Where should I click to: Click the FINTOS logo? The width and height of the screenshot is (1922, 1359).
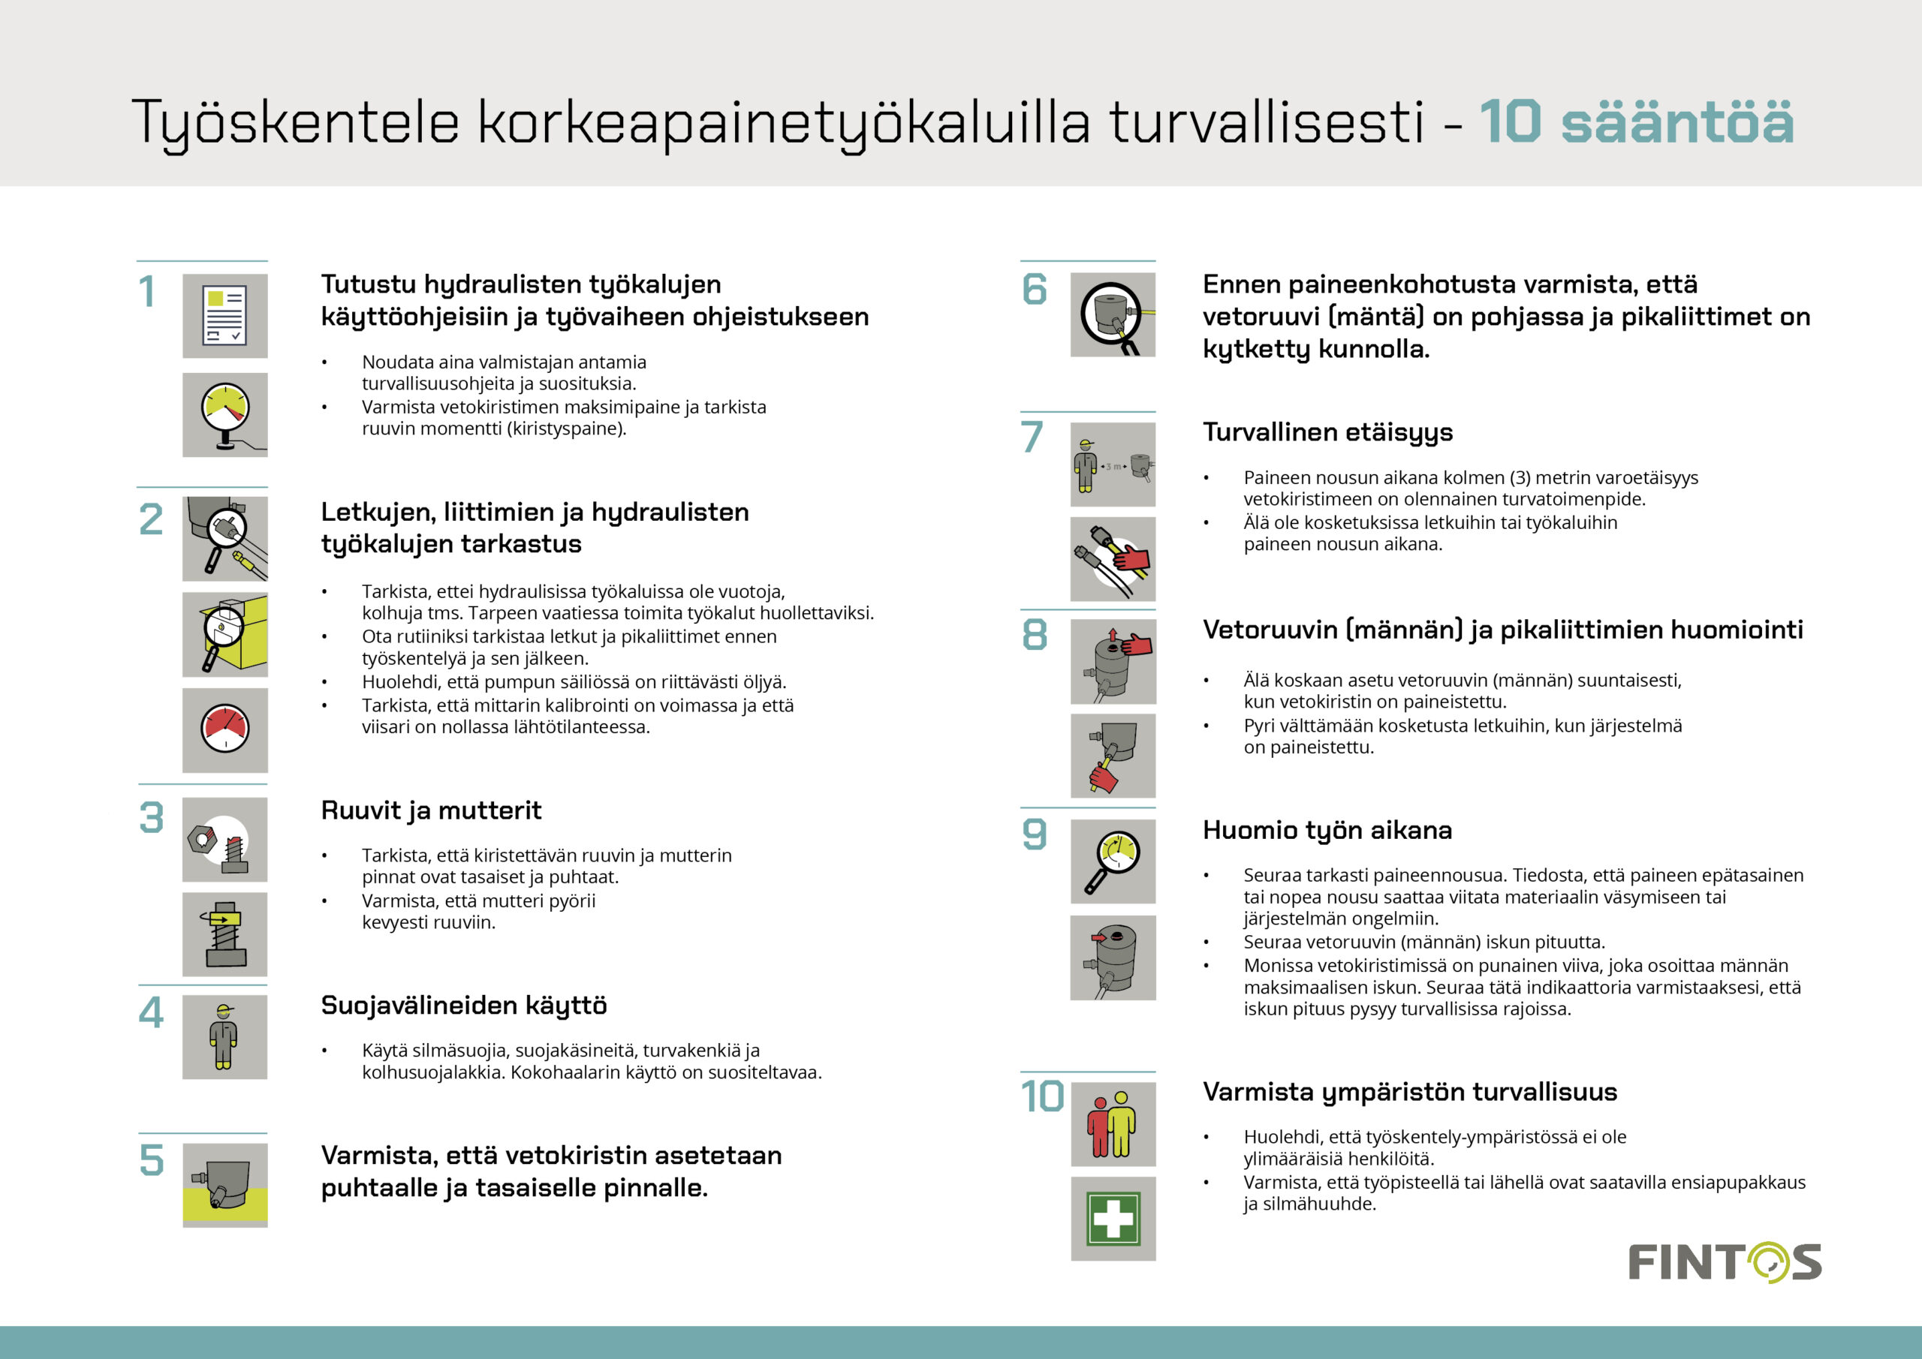[1724, 1263]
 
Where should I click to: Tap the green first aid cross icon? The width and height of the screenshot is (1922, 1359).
[1113, 1219]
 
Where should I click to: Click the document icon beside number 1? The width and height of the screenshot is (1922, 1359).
[224, 315]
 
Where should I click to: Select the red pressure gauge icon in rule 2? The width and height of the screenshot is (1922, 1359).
[224, 729]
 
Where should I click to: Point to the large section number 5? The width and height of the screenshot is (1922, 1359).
[152, 1160]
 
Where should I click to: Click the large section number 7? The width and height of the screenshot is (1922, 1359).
[1032, 437]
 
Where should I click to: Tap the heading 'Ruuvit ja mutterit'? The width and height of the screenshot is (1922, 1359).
[431, 810]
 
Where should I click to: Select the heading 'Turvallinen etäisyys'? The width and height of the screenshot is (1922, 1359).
[1327, 431]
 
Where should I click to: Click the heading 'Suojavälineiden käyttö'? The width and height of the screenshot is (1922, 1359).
[464, 1005]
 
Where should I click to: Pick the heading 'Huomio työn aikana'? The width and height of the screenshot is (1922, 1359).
[1327, 830]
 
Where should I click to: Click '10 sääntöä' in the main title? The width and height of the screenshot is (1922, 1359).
[1636, 122]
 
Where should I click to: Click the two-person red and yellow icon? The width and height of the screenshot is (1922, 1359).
[1113, 1124]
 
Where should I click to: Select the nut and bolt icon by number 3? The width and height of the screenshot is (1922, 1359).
[224, 838]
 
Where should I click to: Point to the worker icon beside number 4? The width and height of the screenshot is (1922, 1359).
[224, 1036]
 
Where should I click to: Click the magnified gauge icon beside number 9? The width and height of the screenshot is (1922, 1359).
[1113, 861]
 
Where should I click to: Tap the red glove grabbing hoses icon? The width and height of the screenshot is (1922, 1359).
[1113, 558]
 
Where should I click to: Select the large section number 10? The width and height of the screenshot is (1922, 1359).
[1042, 1096]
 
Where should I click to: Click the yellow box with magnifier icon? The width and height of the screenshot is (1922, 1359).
[224, 634]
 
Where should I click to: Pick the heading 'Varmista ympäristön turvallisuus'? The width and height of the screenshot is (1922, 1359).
[1410, 1092]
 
